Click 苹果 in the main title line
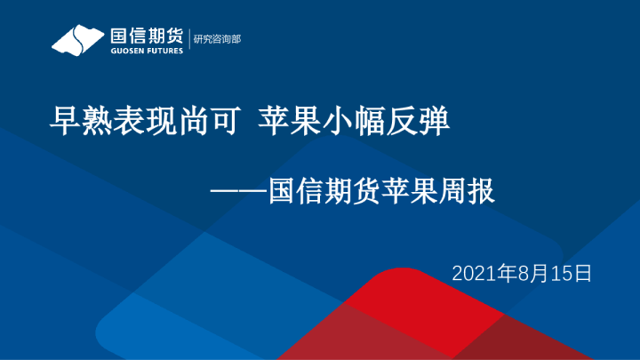click(x=286, y=120)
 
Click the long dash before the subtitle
click(x=238, y=191)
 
